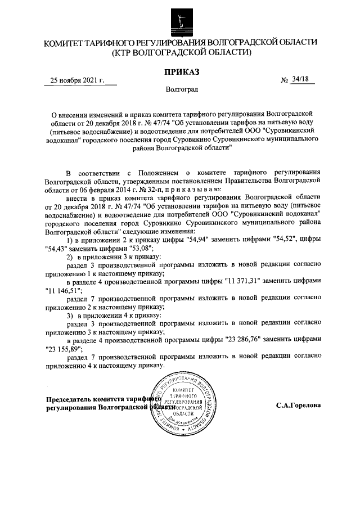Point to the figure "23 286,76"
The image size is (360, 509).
[x=241, y=340]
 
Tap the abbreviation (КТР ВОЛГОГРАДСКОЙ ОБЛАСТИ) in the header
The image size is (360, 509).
[x=181, y=52]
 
